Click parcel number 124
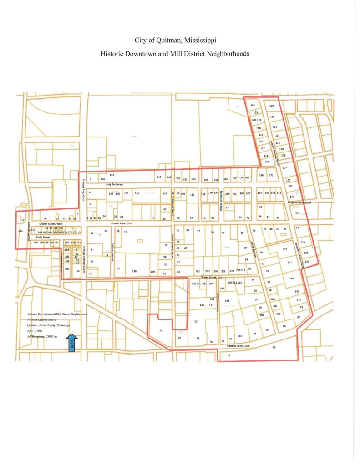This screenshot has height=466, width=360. click(253, 105)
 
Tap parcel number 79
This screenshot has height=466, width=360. click(228, 355)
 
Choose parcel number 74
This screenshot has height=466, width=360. click(161, 331)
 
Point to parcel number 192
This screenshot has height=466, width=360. click(20, 231)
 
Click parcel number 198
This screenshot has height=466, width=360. click(134, 271)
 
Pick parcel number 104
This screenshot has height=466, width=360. click(297, 213)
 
